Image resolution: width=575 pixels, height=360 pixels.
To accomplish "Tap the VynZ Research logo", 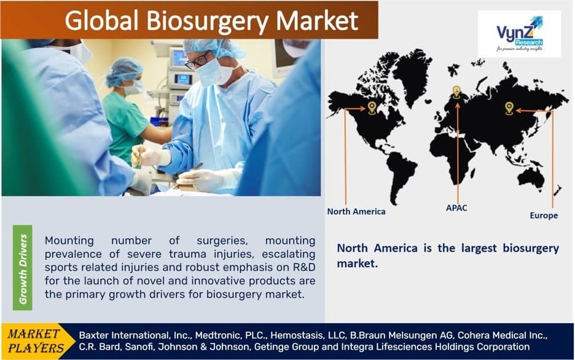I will [x=519, y=34].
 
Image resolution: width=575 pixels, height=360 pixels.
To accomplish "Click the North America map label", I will [x=356, y=211].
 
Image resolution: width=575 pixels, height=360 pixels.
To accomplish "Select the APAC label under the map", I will [x=456, y=208].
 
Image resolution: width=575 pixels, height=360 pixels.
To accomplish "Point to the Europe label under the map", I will [x=544, y=216].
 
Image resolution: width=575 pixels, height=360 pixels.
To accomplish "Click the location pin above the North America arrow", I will [x=372, y=109].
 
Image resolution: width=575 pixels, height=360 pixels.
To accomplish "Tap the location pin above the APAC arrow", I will [x=456, y=92].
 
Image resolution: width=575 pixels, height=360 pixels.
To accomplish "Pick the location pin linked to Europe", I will [x=509, y=108].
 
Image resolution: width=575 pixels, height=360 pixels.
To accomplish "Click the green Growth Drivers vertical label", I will [x=23, y=268].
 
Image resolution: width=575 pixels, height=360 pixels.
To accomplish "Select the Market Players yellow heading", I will [x=34, y=341].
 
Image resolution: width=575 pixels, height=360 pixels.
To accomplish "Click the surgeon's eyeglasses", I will [x=198, y=60].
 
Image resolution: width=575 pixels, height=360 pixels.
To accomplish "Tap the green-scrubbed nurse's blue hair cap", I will [x=124, y=71].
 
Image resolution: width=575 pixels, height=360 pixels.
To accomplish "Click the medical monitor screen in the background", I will [x=178, y=58].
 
